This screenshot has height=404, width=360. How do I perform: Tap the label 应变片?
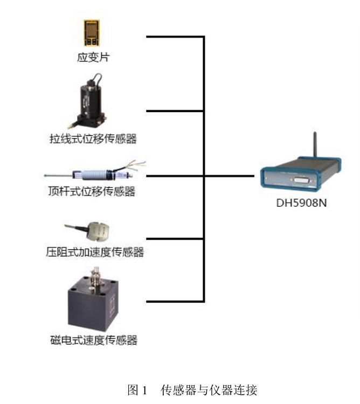[x=93, y=57]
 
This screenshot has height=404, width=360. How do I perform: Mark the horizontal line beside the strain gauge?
[x=175, y=37]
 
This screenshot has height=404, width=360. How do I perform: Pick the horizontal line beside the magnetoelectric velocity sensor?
[x=175, y=300]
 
